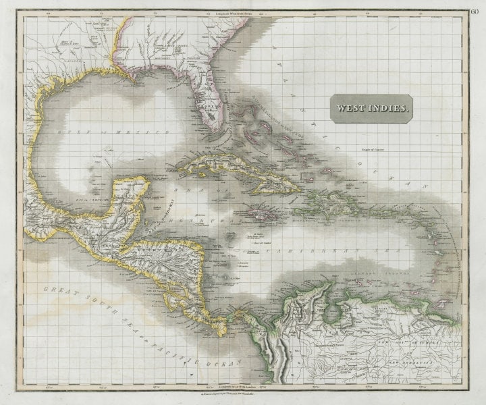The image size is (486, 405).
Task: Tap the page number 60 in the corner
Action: (x=476, y=11)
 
